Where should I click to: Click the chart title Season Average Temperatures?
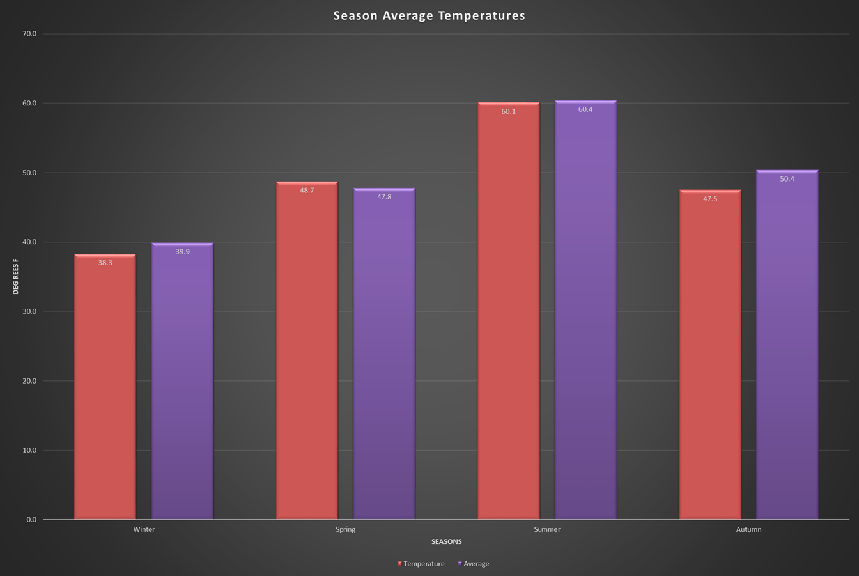pos(429,16)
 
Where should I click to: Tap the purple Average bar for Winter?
pos(182,384)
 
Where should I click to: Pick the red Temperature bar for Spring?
pos(307,352)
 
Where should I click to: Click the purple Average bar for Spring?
pos(384,355)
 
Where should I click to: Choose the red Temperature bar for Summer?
pos(509,313)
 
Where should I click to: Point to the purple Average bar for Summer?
pos(585,313)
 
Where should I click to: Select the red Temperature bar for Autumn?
pos(710,355)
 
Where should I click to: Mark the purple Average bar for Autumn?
pos(787,345)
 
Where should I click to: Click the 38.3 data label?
pos(105,263)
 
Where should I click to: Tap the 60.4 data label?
pos(585,109)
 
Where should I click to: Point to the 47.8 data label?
pos(384,197)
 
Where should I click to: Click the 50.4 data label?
pos(787,179)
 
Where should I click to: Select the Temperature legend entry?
pos(421,564)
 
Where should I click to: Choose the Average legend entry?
pos(474,564)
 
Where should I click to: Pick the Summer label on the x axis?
pos(547,529)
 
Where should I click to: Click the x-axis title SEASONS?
pos(446,541)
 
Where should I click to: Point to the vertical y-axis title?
pos(16,276)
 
